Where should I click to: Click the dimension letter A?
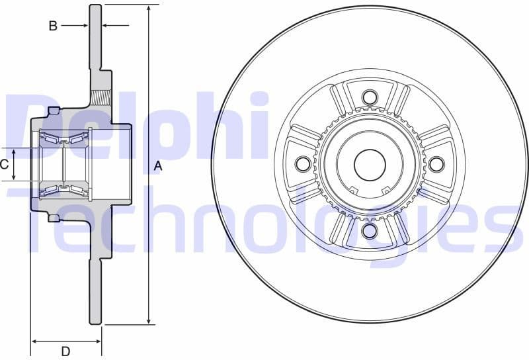click(158, 167)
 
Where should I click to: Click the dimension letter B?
click(53, 26)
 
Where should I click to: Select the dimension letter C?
click(4, 164)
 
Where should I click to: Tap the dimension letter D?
click(66, 351)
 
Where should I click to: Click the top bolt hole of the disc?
click(370, 97)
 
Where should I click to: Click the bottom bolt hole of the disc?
click(370, 230)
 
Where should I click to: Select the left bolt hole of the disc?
click(303, 163)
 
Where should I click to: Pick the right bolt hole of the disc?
click(436, 163)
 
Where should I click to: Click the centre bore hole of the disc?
click(370, 164)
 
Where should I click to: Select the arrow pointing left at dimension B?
click(106, 26)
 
